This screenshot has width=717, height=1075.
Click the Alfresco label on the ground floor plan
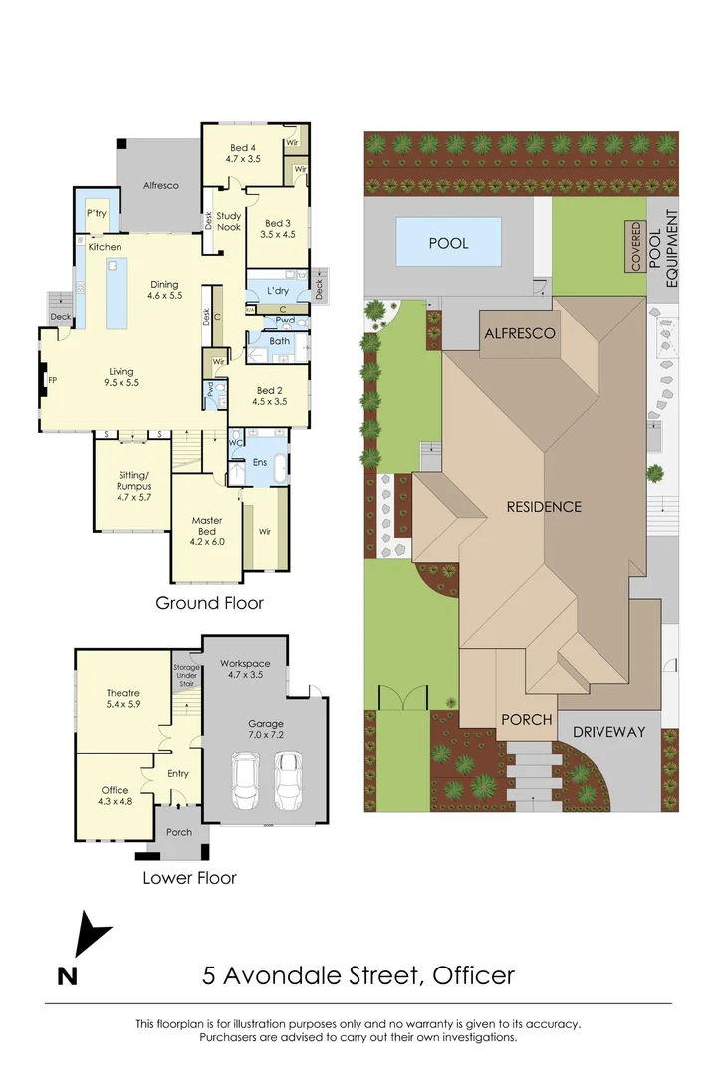tap(160, 185)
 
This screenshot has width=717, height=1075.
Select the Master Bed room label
tap(207, 526)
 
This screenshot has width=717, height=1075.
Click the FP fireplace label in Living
tap(52, 379)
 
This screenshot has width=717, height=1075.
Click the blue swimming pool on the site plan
tap(448, 243)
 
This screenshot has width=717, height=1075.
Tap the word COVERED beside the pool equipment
tap(635, 247)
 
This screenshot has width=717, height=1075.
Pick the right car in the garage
tap(288, 779)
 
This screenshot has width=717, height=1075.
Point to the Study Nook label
tap(229, 221)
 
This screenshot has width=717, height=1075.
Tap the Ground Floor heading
tap(209, 603)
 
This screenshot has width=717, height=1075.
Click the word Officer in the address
tap(473, 974)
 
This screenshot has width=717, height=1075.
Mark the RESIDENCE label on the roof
tap(543, 506)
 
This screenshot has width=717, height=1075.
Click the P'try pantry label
tap(97, 213)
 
